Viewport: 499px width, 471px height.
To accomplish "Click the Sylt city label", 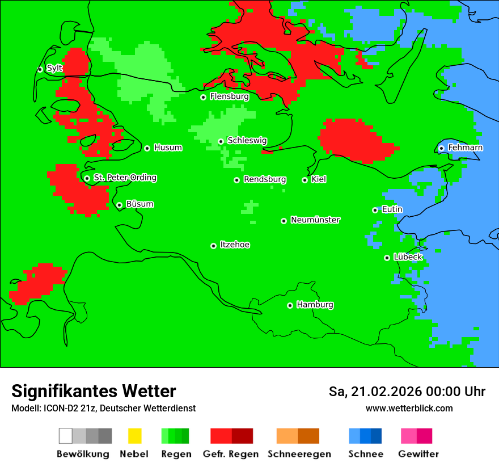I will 54,68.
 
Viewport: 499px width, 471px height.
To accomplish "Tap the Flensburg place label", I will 229,96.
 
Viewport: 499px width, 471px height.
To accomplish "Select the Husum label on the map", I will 168,148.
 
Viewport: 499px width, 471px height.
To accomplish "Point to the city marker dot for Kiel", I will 305,180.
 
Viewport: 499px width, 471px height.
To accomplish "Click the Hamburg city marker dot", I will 290,305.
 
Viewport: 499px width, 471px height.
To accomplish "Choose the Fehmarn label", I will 465,148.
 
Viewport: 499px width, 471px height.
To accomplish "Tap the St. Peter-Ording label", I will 125,178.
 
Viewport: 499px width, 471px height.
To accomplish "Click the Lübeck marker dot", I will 387,258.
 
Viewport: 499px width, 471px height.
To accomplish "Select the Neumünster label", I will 315,220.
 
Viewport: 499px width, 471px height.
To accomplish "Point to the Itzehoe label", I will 235,245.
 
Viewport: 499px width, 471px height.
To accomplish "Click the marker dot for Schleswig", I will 221,141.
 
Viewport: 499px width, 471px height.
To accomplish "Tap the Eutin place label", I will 392,209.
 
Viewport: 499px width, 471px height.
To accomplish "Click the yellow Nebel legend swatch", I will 134,436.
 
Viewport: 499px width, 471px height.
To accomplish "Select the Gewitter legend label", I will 418,454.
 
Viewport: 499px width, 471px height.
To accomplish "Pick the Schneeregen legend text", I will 299,454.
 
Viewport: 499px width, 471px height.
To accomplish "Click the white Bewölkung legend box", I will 66,436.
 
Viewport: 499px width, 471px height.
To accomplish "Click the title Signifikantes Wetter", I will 94,392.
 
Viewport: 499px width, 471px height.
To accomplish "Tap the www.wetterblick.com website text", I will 409,408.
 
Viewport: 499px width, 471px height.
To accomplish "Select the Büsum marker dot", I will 120,205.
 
